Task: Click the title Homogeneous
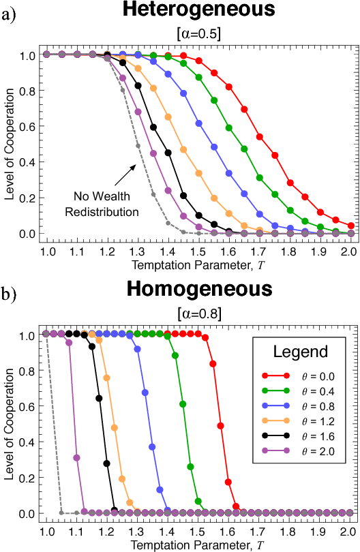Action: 198,288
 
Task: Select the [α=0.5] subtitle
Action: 198,34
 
